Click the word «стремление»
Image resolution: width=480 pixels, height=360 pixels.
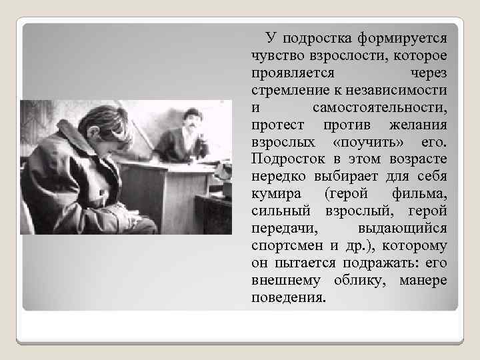288,89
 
